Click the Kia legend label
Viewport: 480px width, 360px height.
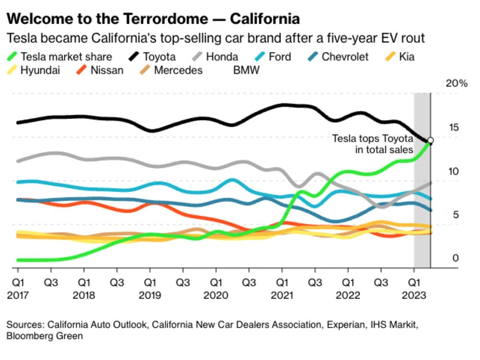click(406, 58)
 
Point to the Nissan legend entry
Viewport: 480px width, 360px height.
click(106, 70)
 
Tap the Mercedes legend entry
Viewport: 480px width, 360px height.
click(178, 70)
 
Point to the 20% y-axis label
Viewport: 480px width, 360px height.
click(455, 84)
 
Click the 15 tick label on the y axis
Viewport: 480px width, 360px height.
click(455, 128)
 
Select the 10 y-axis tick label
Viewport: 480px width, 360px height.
click(455, 172)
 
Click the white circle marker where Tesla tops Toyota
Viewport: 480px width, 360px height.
click(430, 140)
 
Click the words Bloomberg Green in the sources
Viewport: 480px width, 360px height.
click(44, 337)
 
